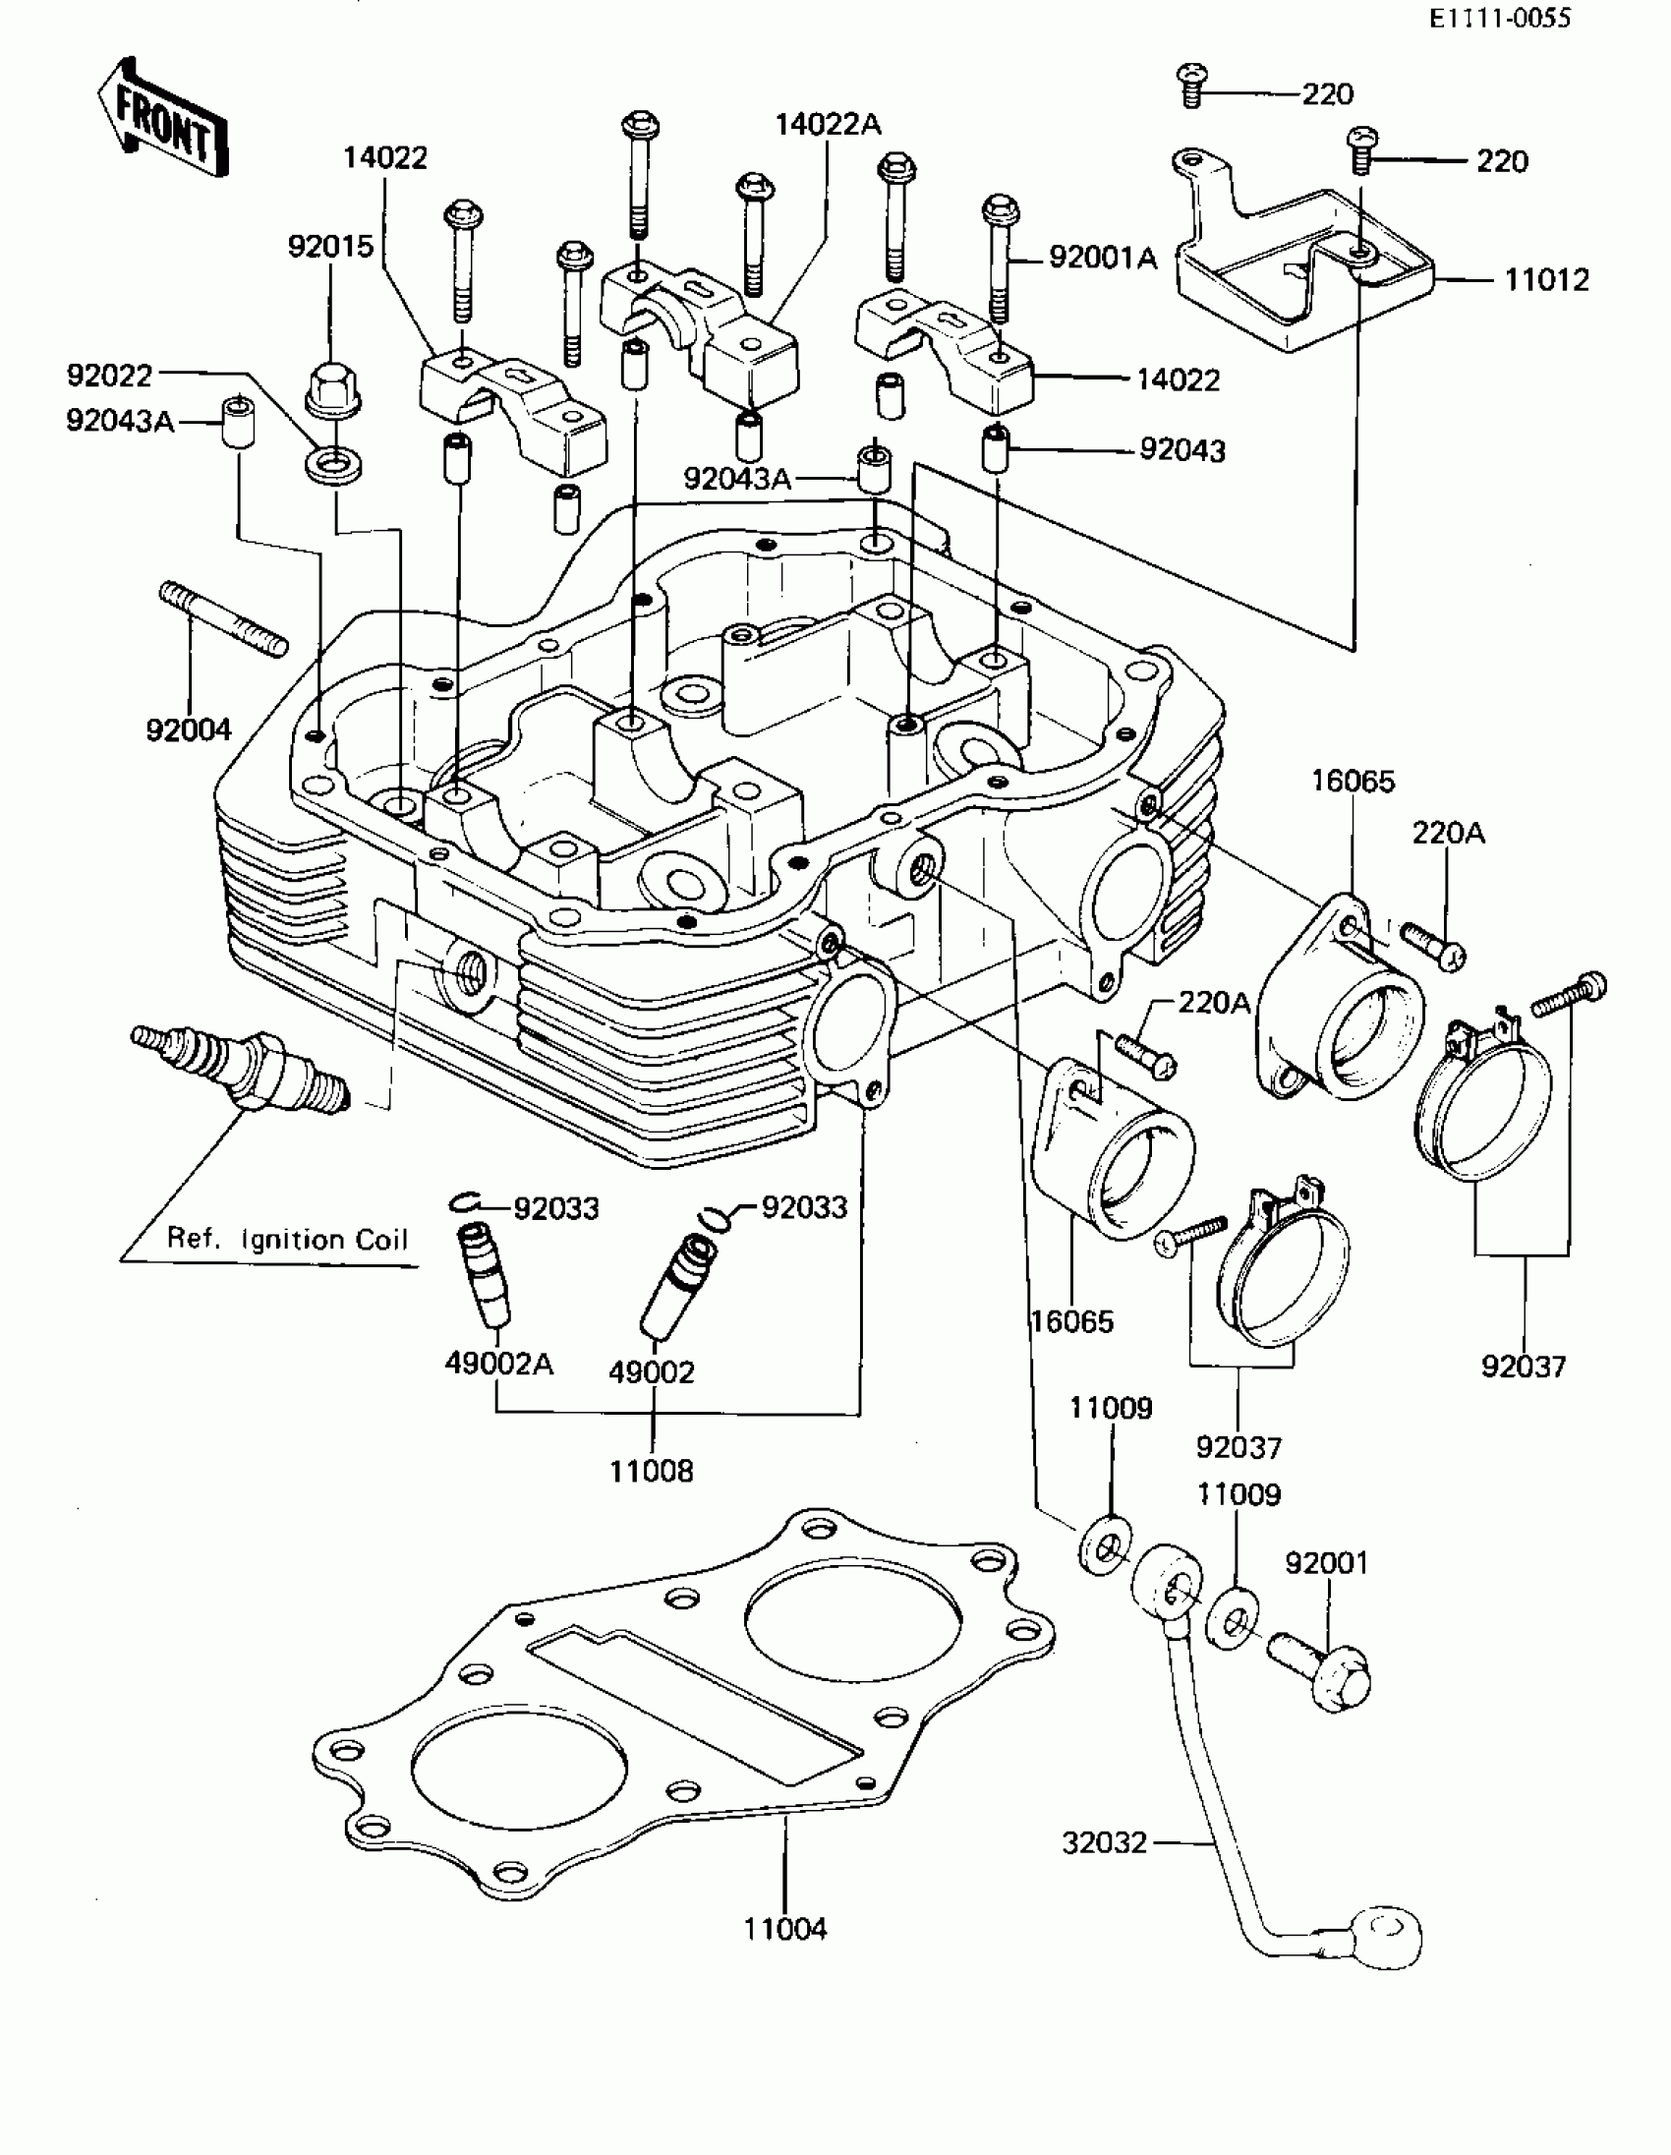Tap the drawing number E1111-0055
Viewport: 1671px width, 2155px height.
point(1499,18)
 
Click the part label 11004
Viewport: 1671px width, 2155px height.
point(785,1929)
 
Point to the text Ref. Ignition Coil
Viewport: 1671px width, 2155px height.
point(287,1240)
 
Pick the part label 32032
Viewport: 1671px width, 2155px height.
point(1104,1842)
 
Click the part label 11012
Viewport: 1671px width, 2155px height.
point(1546,280)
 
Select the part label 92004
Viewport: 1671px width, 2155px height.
point(189,730)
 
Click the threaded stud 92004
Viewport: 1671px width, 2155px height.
point(223,617)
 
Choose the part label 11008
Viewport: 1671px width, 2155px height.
point(651,1471)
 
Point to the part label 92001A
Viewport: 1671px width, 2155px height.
point(1102,259)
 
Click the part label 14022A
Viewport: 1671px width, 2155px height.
point(828,124)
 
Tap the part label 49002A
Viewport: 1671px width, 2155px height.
point(498,1364)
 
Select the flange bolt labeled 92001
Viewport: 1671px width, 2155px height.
point(1321,1667)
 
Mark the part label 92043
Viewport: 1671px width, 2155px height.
point(1181,451)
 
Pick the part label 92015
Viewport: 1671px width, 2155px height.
point(330,247)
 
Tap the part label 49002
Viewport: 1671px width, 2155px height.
point(651,1371)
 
